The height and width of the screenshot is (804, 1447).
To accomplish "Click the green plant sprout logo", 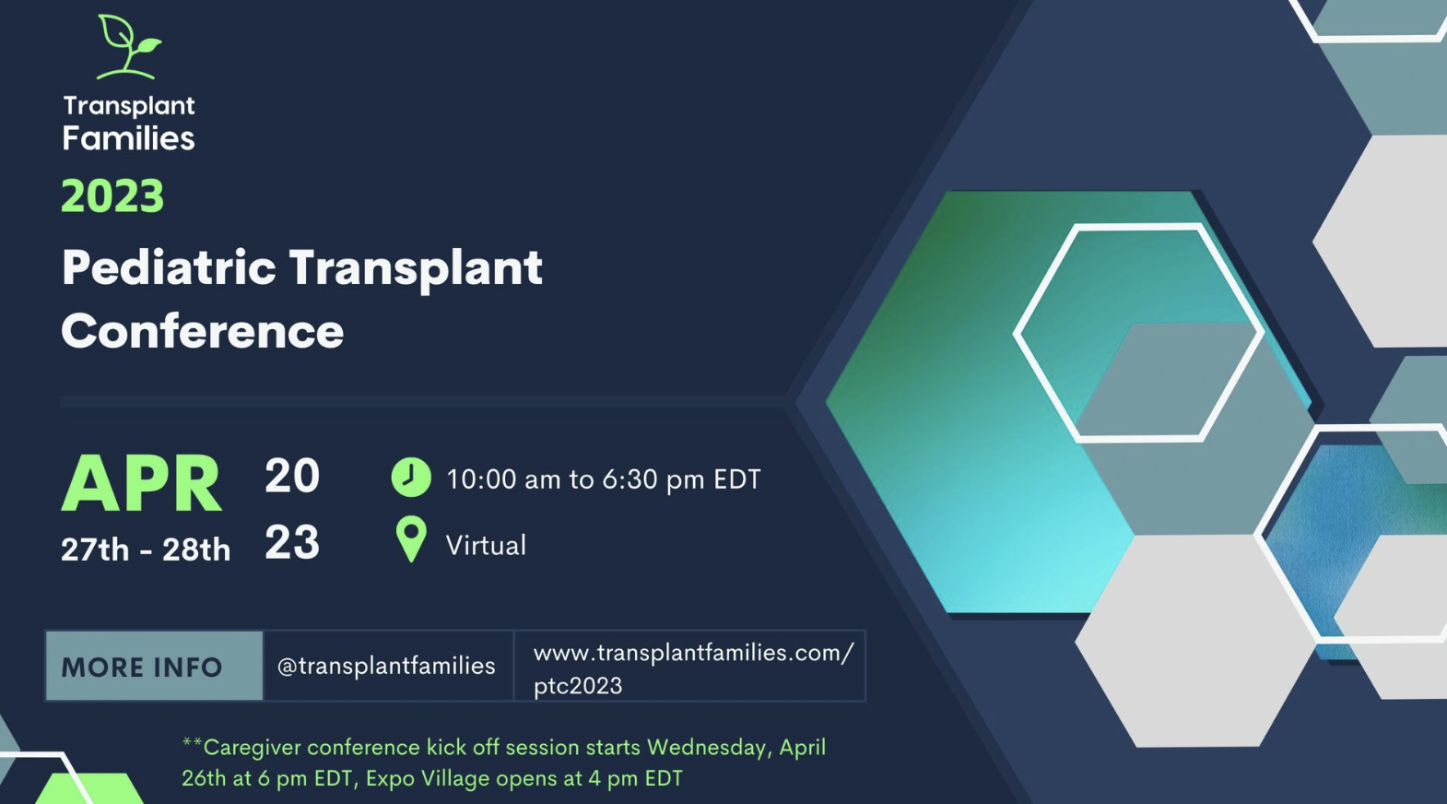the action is coord(128,46).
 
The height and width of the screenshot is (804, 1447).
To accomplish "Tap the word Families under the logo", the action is coord(128,138).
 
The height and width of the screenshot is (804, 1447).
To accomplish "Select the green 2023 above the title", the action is coord(112,195).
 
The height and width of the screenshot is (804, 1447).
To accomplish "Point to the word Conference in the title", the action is coord(202,331).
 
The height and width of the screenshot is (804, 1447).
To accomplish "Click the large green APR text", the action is coord(141,483).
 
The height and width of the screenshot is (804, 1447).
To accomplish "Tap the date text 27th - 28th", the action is coord(146,550).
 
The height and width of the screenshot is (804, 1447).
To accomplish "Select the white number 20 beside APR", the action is coord(292,476).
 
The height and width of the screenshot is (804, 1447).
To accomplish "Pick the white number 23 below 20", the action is coord(292,541).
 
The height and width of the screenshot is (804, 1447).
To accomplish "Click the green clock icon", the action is coord(411,478).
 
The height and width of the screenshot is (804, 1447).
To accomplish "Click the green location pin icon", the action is coord(411,539).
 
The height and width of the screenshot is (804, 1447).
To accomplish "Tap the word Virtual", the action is coord(486,546).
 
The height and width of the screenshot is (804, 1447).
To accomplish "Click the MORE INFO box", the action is coord(155,666).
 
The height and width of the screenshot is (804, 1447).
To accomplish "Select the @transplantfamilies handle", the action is coord(386,666).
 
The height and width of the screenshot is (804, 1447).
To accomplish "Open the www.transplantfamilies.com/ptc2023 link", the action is coord(693,668).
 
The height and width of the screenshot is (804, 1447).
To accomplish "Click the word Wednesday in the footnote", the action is coord(707,748).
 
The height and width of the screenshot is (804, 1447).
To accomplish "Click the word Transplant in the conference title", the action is coord(416,269).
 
